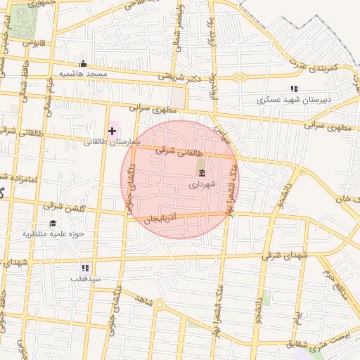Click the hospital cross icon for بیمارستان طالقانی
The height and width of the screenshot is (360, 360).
(112, 131)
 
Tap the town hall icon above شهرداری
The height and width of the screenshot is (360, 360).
(202, 173)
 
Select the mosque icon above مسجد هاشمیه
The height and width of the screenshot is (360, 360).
(83, 64)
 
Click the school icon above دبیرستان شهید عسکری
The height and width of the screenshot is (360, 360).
(294, 89)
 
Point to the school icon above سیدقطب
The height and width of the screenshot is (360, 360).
(85, 268)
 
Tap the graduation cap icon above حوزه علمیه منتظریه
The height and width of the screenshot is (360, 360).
(53, 223)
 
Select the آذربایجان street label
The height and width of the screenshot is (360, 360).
(169, 219)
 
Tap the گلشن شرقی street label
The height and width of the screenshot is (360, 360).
(64, 206)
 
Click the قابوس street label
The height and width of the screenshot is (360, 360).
(33, 43)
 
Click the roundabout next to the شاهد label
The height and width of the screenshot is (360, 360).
(160, 305)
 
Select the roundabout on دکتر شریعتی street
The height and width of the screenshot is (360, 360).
(239, 77)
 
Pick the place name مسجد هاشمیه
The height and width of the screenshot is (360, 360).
(83, 74)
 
